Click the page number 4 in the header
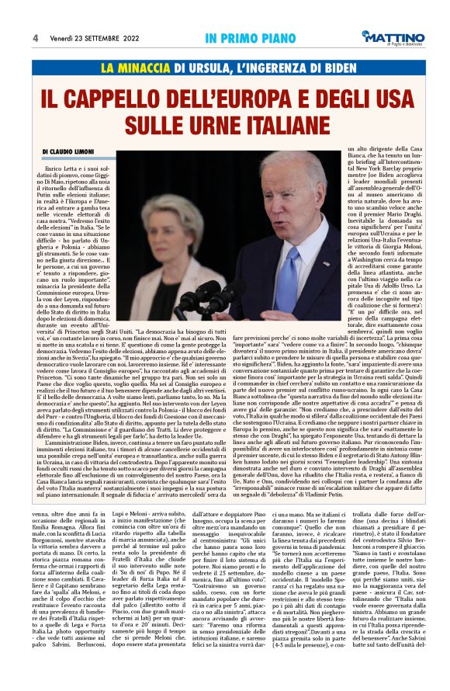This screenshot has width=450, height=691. pos(36,38)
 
